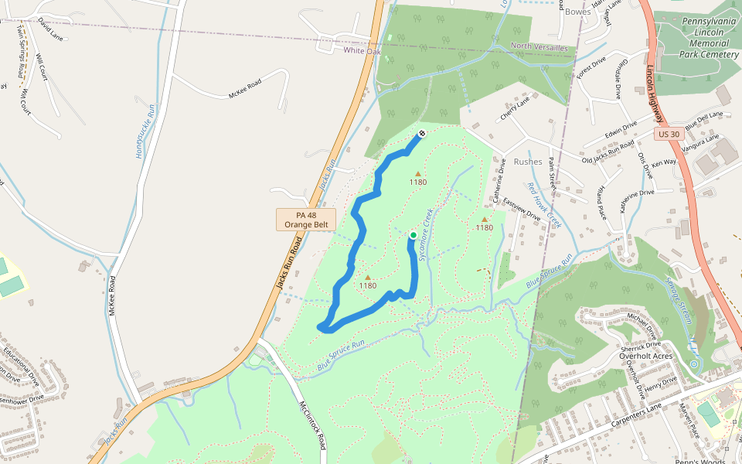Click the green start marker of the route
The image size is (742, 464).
[413, 235]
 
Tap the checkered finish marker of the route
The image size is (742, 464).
[422, 134]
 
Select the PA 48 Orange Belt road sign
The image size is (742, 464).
[306, 219]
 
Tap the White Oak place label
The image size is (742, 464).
[362, 50]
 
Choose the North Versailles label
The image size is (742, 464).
[539, 47]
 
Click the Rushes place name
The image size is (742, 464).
[528, 162]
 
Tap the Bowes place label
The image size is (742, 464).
[577, 12]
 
